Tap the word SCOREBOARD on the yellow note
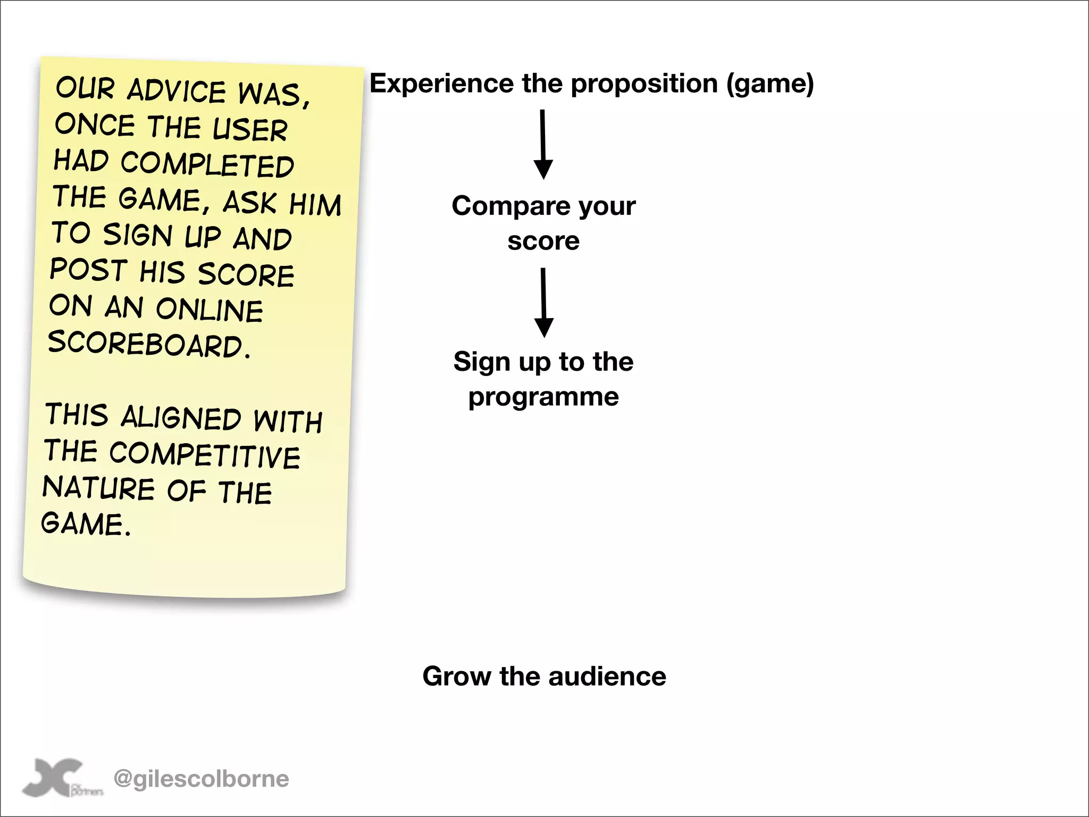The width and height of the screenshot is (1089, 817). pos(149,344)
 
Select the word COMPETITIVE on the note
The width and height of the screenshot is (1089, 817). pos(205,455)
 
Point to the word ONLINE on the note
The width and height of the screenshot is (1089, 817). pos(210,310)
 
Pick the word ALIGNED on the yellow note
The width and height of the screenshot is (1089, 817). pos(181,418)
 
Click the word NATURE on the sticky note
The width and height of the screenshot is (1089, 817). pos(98,488)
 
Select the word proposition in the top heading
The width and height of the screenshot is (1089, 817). pos(644,84)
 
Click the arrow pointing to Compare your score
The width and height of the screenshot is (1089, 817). pos(543,145)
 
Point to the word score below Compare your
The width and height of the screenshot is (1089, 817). pos(543,241)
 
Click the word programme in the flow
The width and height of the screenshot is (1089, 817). pos(543,397)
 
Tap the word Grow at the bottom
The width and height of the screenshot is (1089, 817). pos(456,677)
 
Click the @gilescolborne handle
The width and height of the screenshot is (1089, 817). pos(202,779)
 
